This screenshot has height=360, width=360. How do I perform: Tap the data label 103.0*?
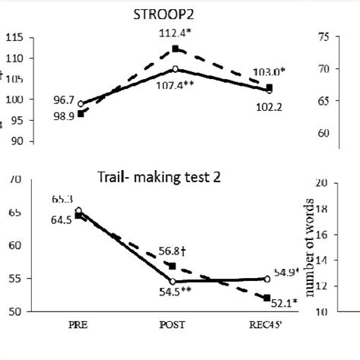tap(270, 71)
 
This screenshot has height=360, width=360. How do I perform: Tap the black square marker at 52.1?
tap(267, 298)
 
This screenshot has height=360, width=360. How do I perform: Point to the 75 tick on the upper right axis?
tap(326, 36)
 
